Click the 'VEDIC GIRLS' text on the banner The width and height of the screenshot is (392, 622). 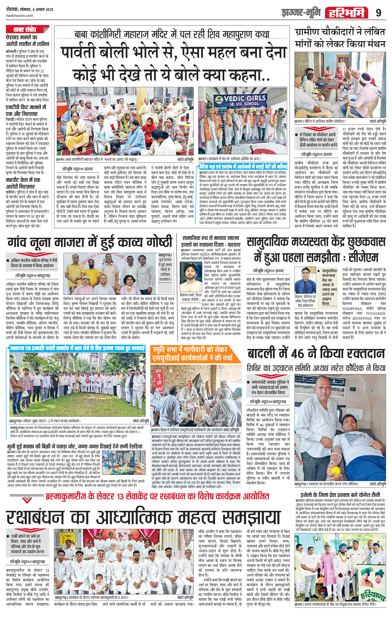(x=241, y=98)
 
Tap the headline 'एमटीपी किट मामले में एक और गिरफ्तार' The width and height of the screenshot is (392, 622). (x=26, y=110)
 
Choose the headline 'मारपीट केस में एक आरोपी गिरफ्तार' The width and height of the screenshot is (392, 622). (x=23, y=183)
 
